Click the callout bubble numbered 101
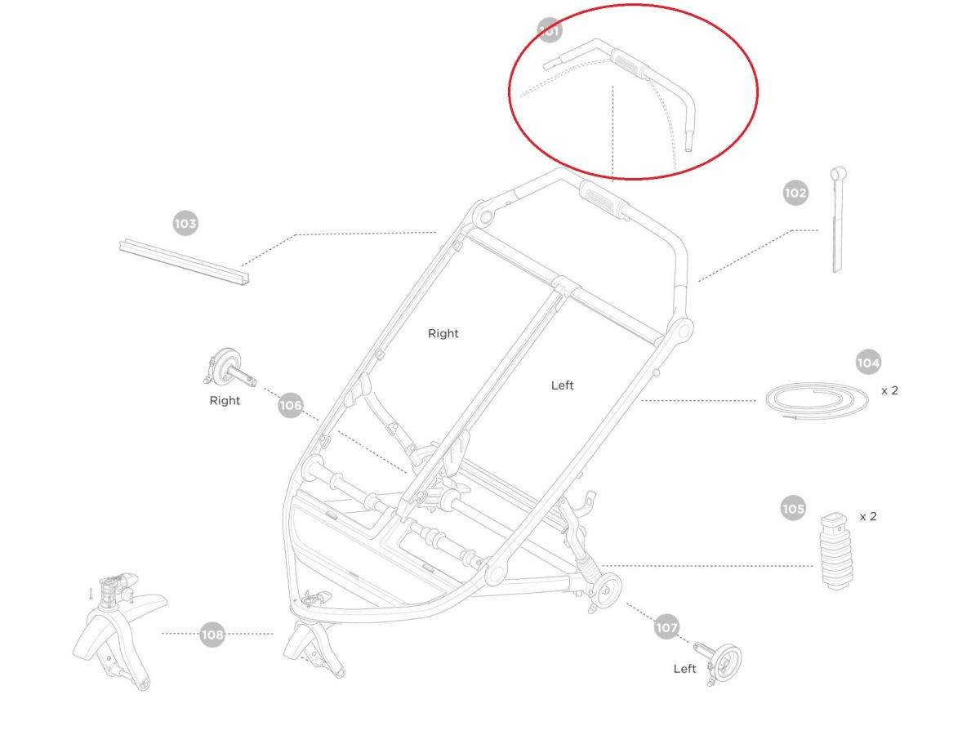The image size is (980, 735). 549,30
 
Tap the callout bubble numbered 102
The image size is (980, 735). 795,193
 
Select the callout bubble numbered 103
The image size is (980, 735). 185,223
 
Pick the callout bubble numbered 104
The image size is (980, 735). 868,362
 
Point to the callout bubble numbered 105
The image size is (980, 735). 793,508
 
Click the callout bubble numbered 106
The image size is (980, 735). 290,405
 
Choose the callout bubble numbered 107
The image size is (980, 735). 666,627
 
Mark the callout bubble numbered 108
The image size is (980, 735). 212,635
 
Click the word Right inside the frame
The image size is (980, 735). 443,333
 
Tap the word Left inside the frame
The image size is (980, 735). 562,385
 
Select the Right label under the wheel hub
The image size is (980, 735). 225,400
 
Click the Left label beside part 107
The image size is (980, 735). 684,669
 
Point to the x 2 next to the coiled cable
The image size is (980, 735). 889,390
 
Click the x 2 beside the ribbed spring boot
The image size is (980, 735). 868,516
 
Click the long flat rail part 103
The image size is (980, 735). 184,261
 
